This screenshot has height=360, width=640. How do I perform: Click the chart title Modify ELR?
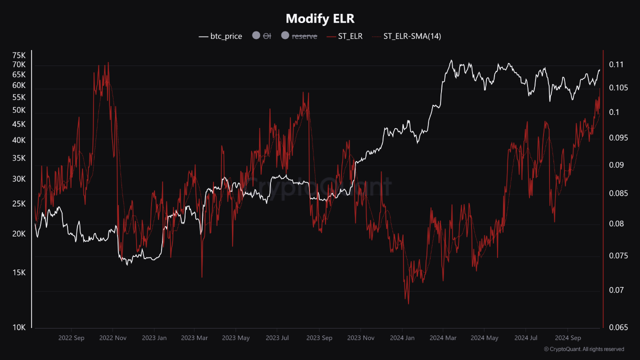[320, 18]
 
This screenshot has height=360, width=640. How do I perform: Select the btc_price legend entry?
[220, 36]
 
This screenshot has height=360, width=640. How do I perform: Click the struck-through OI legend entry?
[262, 36]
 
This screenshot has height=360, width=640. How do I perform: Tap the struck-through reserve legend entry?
[299, 36]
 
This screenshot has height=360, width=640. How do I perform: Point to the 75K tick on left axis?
[19, 55]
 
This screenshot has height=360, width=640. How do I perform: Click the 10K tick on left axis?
[19, 327]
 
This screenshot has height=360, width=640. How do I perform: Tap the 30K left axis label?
[19, 179]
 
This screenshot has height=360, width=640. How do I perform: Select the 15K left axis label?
[19, 272]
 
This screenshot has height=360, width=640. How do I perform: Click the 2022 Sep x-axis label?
[71, 338]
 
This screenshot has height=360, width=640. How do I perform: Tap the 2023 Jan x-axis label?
[154, 338]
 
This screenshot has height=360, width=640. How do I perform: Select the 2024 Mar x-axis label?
[443, 338]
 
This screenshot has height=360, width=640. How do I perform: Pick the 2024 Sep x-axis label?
[568, 338]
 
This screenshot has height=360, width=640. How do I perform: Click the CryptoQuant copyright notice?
[583, 349]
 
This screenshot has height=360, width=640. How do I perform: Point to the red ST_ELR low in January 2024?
[408, 303]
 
